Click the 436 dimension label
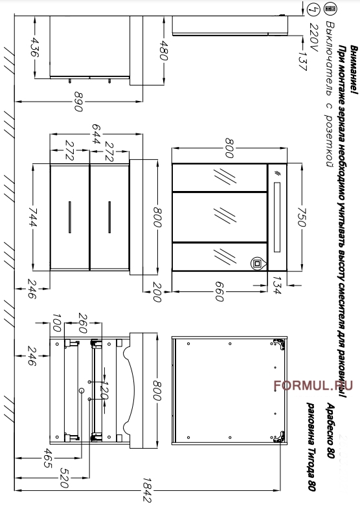pyautogui.click(x=34, y=47)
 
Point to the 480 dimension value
pyautogui.click(x=164, y=51)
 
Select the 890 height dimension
pyautogui.click(x=78, y=102)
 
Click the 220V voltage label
pyautogui.click(x=314, y=37)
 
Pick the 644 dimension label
pyautogui.click(x=96, y=134)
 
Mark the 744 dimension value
pyautogui.click(x=32, y=217)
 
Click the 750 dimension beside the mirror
pyautogui.click(x=301, y=217)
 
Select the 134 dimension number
pyautogui.click(x=277, y=285)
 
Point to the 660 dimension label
pyautogui.click(x=219, y=291)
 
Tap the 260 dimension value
pyautogui.click(x=83, y=323)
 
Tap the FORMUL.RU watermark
pyautogui.click(x=313, y=385)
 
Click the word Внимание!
pyautogui.click(x=354, y=70)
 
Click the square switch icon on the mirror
pyautogui.click(x=257, y=264)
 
